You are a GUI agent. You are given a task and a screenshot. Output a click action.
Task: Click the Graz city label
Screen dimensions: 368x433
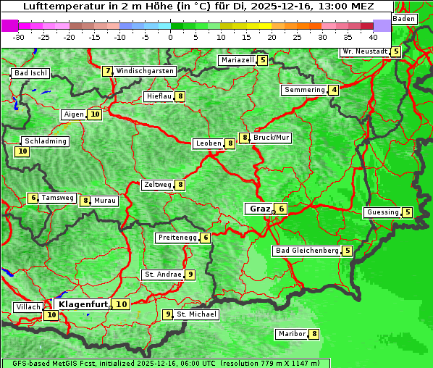click(x=259, y=209)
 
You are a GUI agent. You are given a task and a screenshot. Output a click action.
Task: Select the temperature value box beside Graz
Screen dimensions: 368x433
click(x=281, y=209)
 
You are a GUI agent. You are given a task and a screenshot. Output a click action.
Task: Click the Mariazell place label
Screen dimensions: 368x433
click(x=237, y=60)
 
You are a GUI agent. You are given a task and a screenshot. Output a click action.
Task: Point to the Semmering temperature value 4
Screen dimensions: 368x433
click(x=333, y=90)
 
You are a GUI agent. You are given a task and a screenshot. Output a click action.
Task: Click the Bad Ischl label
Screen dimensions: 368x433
click(x=30, y=73)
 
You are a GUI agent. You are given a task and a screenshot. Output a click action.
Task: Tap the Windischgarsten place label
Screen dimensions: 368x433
click(x=145, y=71)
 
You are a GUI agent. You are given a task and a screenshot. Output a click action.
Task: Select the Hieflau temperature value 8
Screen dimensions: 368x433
click(x=180, y=96)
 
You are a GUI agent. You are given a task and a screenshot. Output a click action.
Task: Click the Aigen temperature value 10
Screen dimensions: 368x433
click(x=95, y=114)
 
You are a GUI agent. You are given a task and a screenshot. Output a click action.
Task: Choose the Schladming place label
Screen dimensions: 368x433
click(x=45, y=141)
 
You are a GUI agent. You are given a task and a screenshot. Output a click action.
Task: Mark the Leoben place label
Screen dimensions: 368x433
click(x=209, y=143)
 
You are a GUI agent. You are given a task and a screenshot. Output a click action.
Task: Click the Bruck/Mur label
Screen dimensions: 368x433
click(x=272, y=138)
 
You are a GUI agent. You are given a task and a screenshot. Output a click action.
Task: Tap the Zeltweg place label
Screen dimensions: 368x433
click(x=158, y=185)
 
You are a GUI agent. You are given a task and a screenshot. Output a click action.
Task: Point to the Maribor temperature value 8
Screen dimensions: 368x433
click(x=314, y=334)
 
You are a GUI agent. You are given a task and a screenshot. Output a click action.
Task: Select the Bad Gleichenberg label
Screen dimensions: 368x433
click(x=307, y=251)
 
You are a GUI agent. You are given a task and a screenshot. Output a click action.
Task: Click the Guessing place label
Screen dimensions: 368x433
click(x=382, y=212)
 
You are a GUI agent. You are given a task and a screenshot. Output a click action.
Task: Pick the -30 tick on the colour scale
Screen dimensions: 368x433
click(x=19, y=36)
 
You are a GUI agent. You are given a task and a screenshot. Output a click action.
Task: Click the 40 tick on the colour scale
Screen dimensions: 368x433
click(x=373, y=36)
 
